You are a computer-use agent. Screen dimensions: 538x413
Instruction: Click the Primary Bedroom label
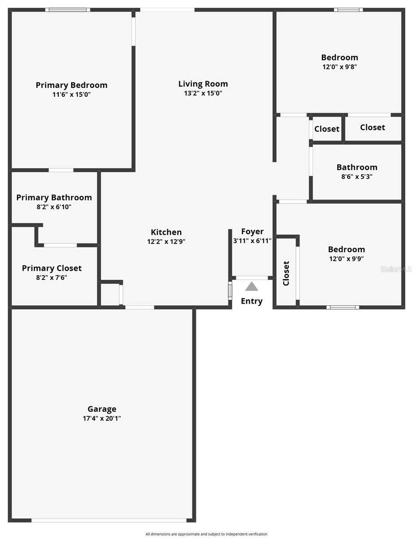point(71,85)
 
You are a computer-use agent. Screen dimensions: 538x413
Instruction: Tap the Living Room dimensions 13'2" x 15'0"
point(203,94)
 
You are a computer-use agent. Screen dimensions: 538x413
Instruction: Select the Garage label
point(102,409)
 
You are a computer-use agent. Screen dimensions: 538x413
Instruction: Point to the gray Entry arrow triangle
point(252,286)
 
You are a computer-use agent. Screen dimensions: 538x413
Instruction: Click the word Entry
point(252,301)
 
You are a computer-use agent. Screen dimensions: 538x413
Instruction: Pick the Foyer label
point(252,232)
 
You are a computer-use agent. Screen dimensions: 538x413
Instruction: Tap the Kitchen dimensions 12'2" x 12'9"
point(166,242)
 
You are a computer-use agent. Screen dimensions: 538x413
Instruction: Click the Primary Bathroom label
point(54,198)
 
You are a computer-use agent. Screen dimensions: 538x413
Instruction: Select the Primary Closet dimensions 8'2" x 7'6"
point(52,278)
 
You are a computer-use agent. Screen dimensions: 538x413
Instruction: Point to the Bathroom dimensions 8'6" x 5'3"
point(357,177)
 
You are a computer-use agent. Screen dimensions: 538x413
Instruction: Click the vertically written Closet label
point(286,273)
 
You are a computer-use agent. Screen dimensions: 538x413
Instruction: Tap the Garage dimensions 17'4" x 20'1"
point(102,419)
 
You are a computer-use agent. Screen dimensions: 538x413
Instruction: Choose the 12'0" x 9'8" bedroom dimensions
point(339,67)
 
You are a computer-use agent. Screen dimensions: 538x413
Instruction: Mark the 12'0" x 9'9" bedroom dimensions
point(346,259)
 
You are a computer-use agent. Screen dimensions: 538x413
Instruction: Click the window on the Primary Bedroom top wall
point(67,10)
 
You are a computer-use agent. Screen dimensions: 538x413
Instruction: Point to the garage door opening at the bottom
point(109,521)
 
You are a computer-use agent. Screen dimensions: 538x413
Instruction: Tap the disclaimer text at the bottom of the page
point(206,534)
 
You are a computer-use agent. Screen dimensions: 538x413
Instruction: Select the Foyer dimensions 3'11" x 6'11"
point(252,241)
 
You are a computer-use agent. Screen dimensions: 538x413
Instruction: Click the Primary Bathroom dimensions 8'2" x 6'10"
point(54,207)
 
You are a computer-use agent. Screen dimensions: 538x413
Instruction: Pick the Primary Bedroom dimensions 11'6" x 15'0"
point(71,95)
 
